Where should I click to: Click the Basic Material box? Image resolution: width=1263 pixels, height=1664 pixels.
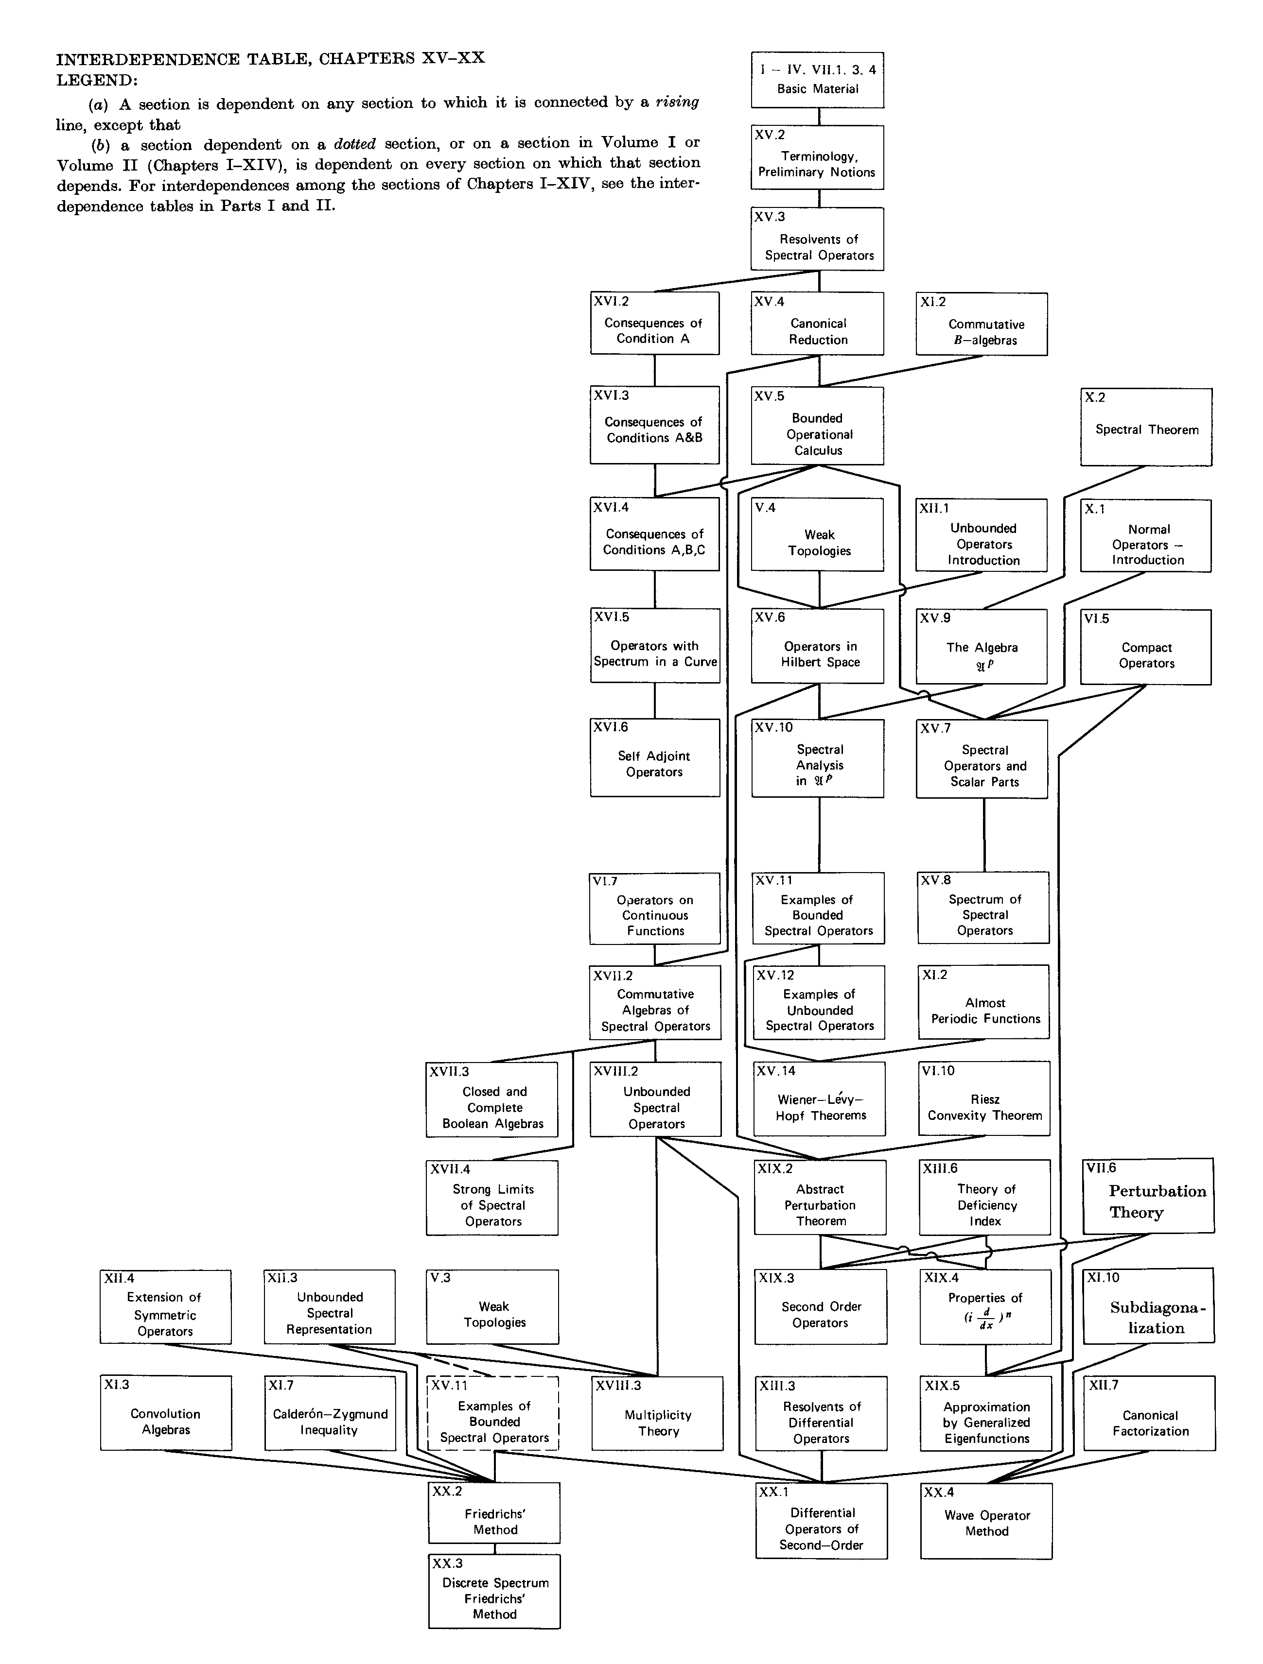click(x=817, y=80)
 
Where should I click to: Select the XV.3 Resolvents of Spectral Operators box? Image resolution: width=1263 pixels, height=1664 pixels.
click(x=817, y=239)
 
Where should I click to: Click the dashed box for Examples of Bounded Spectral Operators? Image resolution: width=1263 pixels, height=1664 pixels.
click(x=494, y=1413)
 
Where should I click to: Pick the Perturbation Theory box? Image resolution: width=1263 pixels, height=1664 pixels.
click(x=1149, y=1195)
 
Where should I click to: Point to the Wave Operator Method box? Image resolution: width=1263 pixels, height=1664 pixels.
click(x=986, y=1520)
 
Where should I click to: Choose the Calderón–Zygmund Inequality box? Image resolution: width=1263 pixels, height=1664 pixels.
click(x=330, y=1413)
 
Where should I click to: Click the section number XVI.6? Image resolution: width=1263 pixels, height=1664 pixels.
click(x=611, y=727)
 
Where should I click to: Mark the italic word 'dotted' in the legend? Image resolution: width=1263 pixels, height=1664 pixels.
click(x=354, y=144)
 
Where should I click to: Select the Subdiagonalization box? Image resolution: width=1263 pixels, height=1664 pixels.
click(x=1149, y=1306)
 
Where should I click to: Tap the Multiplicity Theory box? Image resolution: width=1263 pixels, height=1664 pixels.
click(x=657, y=1413)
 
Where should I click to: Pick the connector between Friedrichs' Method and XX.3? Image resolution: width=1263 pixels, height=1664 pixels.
click(x=494, y=1548)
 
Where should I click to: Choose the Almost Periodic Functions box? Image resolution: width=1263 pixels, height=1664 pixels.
click(x=984, y=1001)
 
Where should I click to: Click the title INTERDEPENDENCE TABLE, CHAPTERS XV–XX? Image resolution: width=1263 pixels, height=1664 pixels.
click(x=271, y=59)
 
